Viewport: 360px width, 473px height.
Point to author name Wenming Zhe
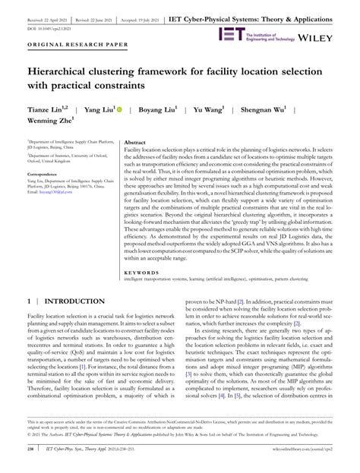click(52, 121)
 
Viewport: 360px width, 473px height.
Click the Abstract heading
click(135, 143)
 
